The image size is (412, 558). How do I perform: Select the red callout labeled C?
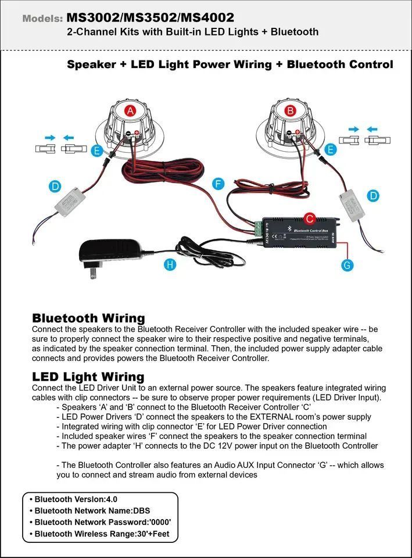point(310,219)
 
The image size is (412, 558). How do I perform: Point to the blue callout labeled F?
point(218,184)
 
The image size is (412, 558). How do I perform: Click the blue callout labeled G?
point(347,265)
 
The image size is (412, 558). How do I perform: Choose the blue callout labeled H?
point(170,264)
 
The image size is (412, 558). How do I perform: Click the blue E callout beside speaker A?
point(97,151)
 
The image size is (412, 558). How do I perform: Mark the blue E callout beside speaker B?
point(331,149)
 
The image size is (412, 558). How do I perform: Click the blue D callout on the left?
point(55,187)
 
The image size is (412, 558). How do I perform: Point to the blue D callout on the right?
point(374,195)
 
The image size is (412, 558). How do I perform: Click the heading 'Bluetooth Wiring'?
point(88,318)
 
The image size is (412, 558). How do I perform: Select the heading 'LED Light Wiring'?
point(88,377)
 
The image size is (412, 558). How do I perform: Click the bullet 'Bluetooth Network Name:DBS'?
point(92,510)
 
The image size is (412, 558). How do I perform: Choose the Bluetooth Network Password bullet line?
point(102,522)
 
